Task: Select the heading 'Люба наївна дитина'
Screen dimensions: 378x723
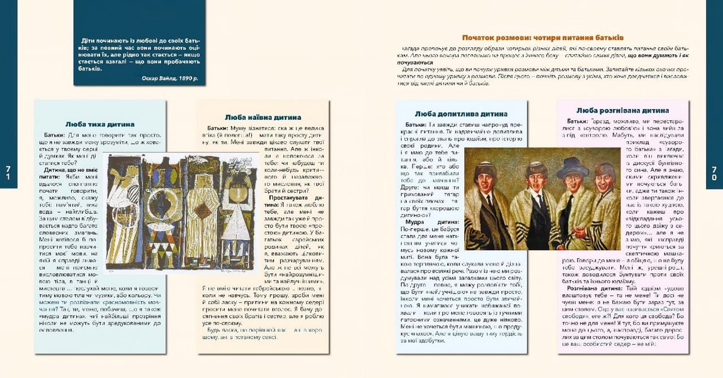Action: point(263,117)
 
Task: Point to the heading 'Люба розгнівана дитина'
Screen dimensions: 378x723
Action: point(622,110)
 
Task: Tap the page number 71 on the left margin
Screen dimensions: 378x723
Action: point(8,173)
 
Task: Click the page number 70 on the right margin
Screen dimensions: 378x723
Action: point(715,173)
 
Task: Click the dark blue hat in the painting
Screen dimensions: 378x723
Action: point(573,168)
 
